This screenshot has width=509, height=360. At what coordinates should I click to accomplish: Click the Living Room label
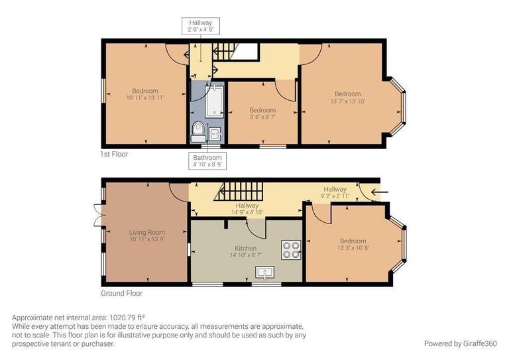[x=146, y=232]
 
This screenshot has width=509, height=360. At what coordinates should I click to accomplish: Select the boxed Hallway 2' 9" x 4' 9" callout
[x=202, y=26]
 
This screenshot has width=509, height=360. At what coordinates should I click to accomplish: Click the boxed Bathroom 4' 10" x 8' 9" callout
[x=207, y=161]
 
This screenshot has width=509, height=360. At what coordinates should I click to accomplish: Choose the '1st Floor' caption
[x=114, y=154]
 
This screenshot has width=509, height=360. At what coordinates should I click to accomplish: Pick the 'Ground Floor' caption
[x=121, y=293]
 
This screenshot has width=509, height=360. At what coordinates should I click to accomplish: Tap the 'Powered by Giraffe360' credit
[x=459, y=343]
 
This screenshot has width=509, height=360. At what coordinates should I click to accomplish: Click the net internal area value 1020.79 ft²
[x=123, y=318]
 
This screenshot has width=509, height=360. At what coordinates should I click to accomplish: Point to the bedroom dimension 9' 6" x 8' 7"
[x=262, y=117]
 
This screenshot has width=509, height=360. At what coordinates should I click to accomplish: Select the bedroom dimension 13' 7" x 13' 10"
[x=347, y=101]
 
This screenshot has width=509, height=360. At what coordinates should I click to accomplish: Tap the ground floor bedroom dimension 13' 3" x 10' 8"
[x=353, y=248]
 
